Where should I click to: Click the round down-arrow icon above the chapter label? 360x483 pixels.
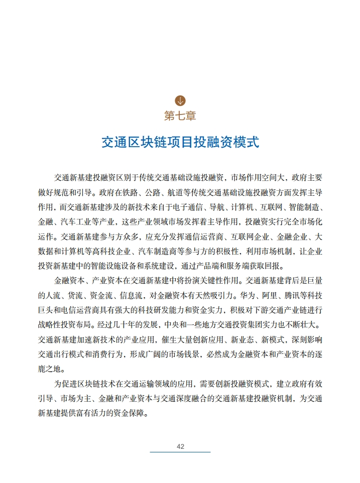tap(180, 100)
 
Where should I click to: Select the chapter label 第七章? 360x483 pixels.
tap(180, 115)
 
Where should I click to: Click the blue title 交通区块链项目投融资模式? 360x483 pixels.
tap(180, 142)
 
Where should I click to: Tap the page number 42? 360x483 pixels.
tap(180, 446)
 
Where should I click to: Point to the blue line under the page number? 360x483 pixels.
tap(180, 452)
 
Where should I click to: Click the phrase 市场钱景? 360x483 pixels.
tap(213, 354)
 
